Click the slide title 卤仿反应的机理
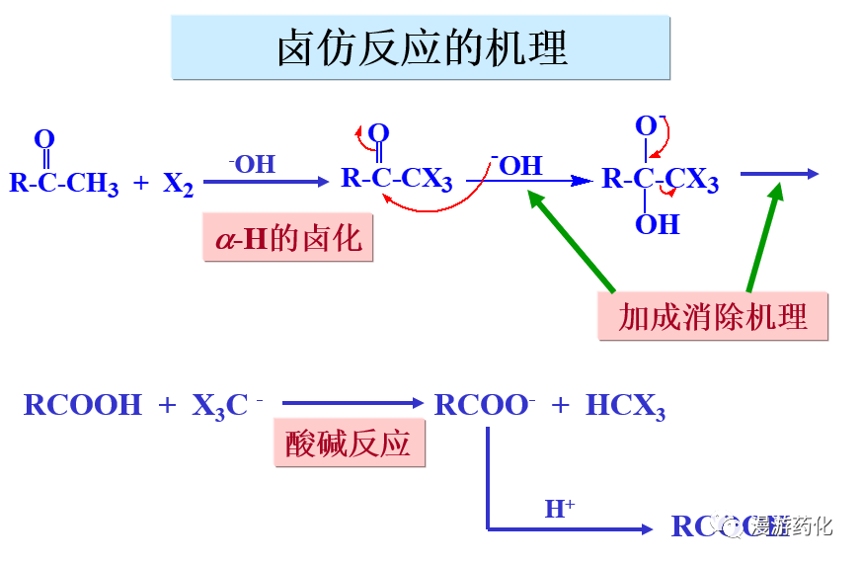coord(422,47)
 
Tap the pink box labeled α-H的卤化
coord(288,238)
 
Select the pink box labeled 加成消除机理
coord(712,317)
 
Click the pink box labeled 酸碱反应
coord(348,443)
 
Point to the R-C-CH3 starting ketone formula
coord(63,183)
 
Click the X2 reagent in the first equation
coord(178,184)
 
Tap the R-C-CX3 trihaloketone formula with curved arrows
coord(396,179)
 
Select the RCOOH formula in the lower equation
coord(83,405)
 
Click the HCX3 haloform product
coord(625,406)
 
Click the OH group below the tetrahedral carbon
coord(657,224)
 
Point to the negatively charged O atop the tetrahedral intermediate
coord(646,126)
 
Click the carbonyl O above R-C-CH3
coord(44,139)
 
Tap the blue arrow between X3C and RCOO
coord(352,403)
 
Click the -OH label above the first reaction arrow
coord(252,164)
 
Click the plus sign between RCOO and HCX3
coord(561,405)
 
